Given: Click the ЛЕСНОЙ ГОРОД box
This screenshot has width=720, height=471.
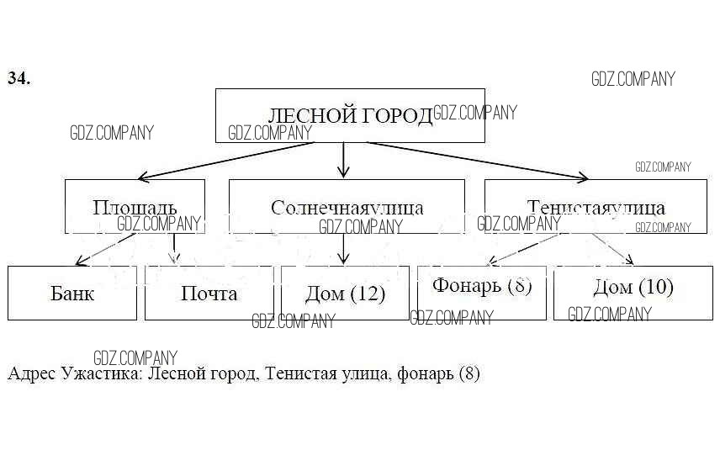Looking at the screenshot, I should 350,115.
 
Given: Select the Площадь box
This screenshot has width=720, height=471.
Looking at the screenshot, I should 135,206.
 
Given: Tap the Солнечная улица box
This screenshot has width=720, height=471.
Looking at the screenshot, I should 347,206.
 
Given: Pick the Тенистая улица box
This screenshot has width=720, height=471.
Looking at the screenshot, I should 596,206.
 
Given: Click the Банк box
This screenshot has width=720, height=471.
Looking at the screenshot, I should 72,294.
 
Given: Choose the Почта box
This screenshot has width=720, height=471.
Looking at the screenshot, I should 209,294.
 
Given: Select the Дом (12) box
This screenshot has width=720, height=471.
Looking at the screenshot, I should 345,294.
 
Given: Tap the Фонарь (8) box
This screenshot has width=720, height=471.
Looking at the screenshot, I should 482,286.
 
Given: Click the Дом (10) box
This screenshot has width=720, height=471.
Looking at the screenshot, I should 633,287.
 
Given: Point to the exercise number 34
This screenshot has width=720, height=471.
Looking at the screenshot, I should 19,78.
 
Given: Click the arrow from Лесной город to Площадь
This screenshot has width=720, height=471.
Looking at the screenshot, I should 219,161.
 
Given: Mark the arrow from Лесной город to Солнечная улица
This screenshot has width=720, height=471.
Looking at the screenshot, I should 343,160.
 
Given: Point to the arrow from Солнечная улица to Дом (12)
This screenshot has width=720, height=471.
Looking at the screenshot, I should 343,248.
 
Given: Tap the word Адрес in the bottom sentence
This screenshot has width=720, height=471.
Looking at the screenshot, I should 31,373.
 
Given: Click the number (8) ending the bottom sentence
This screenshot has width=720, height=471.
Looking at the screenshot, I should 469,373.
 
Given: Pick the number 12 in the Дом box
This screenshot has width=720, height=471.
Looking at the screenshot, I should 367,294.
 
